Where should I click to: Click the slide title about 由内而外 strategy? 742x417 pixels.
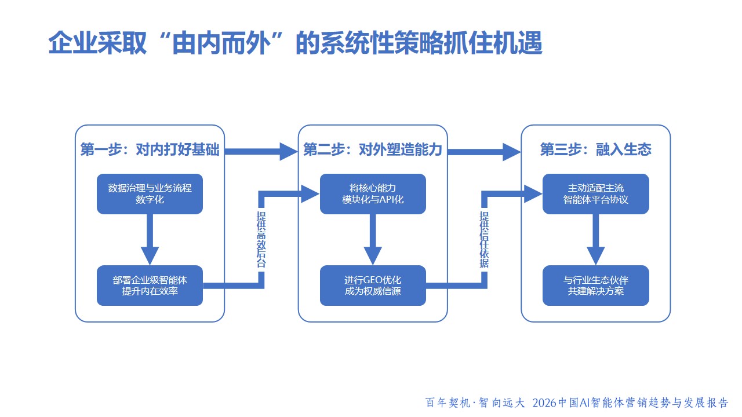tap(295, 43)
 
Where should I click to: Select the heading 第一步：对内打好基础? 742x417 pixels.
tap(150, 151)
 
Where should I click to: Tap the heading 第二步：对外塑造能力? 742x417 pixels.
tap(373, 151)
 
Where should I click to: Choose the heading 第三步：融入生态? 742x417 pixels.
tap(596, 151)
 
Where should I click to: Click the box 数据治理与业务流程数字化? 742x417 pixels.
tap(150, 193)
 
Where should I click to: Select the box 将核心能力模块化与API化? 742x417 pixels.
tap(373, 193)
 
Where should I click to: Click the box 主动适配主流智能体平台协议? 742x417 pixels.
tap(596, 193)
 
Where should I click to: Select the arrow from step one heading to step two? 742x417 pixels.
tap(261, 151)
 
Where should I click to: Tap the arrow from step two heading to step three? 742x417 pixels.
tap(484, 151)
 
